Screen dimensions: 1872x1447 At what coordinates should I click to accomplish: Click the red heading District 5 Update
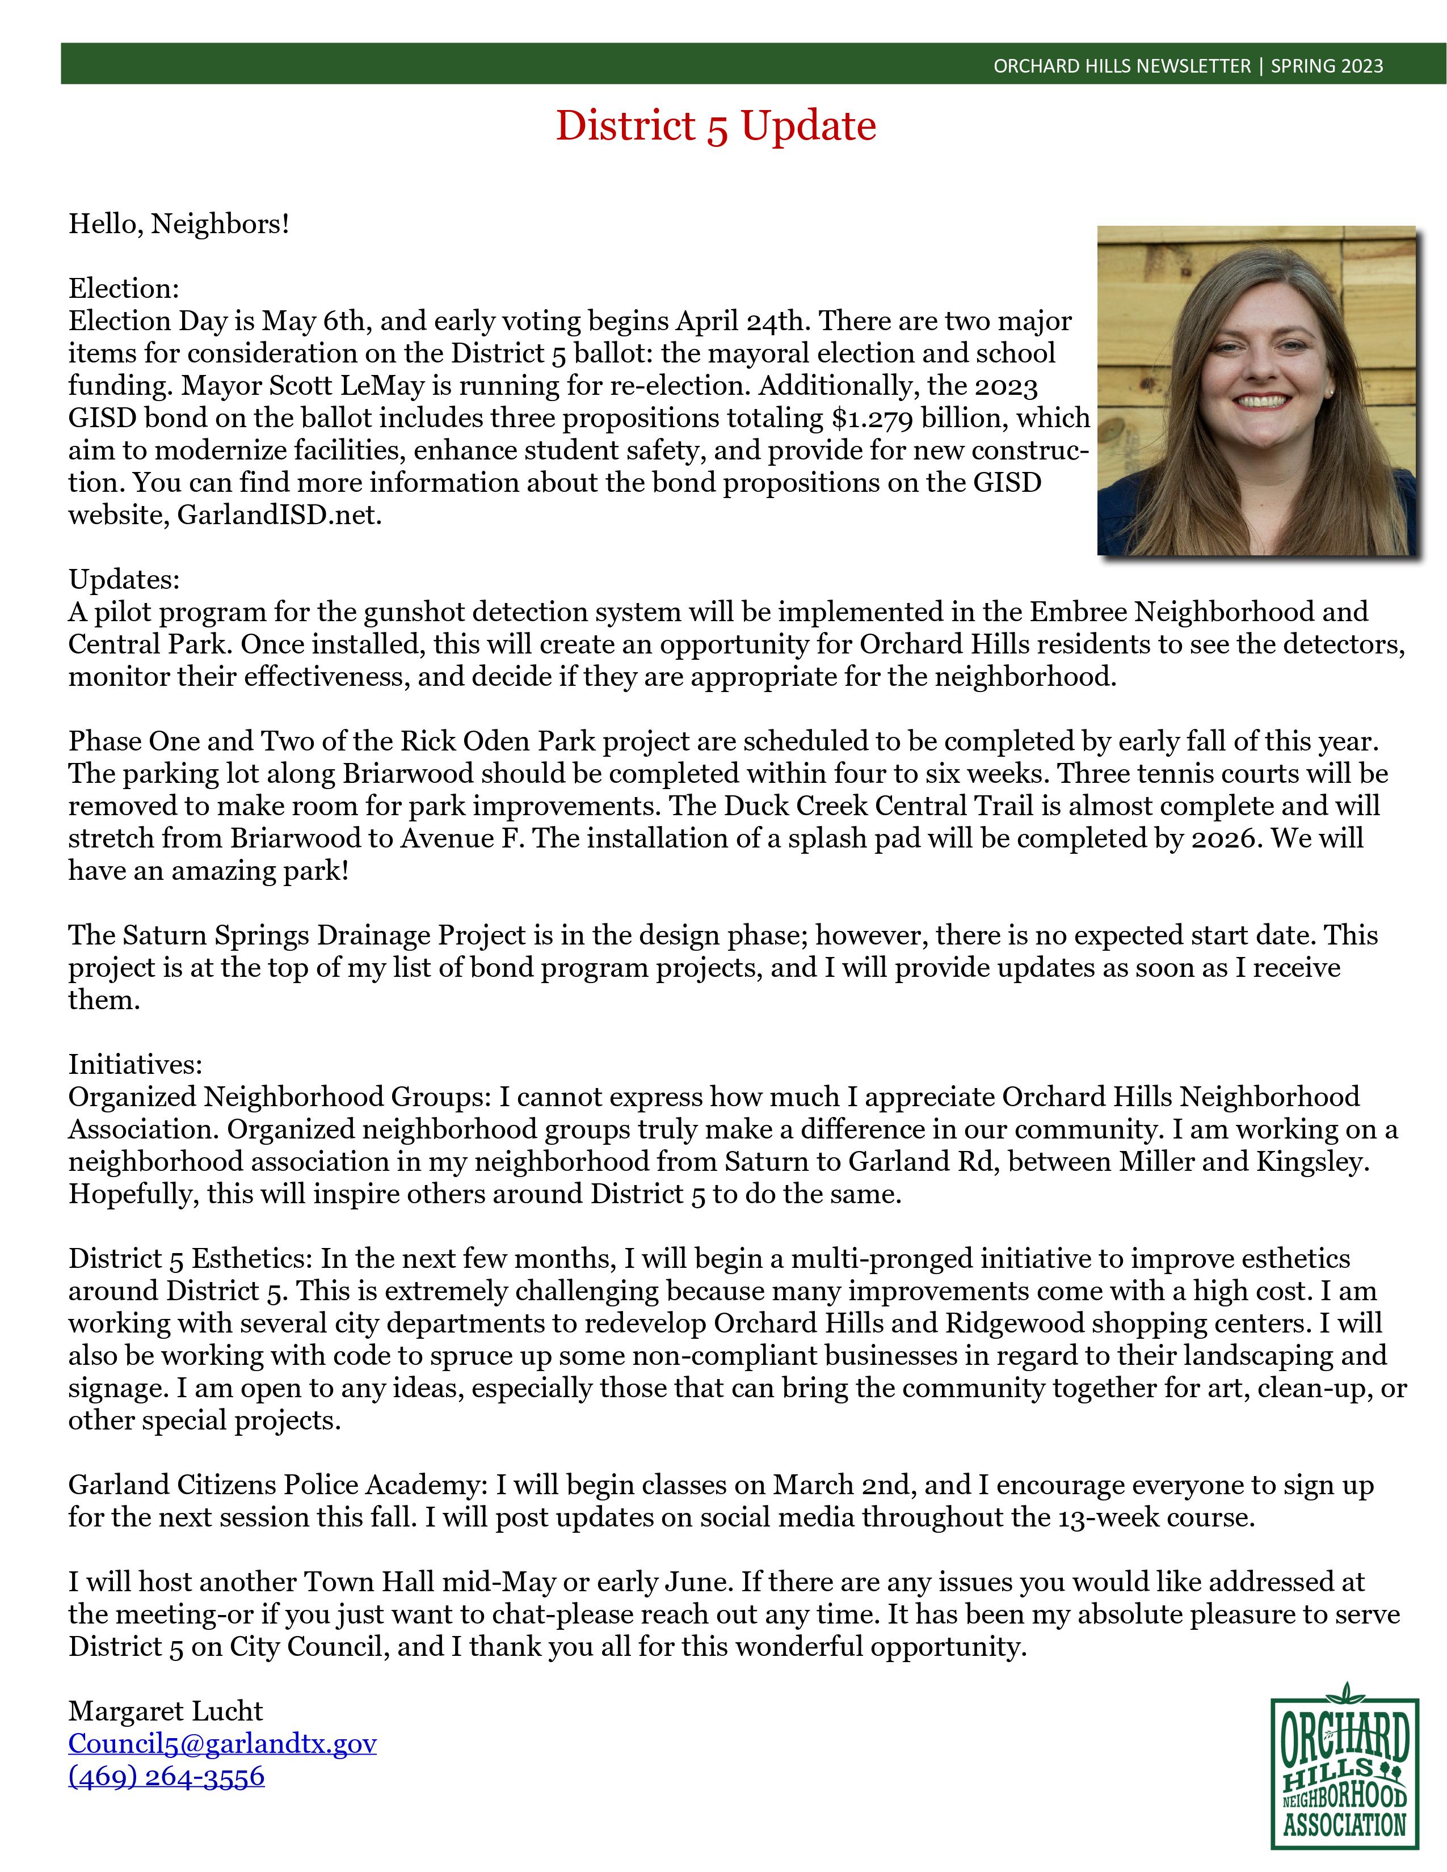pyautogui.click(x=716, y=126)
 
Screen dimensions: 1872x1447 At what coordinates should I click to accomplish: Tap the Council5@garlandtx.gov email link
pyautogui.click(x=222, y=1743)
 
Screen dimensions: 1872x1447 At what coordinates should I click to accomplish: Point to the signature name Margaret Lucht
pyautogui.click(x=166, y=1711)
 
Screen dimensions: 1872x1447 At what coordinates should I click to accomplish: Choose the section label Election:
pyautogui.click(x=124, y=288)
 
